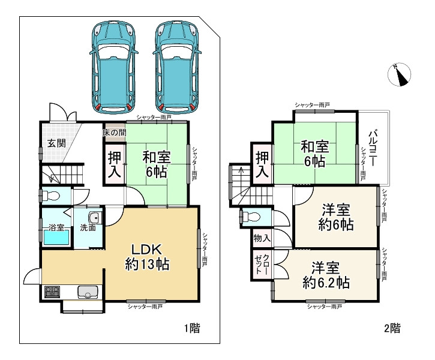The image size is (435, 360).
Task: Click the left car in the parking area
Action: [114, 67]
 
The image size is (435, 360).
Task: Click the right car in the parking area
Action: [177, 67]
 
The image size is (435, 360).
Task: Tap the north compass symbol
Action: [399, 74]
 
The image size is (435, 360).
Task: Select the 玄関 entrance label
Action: [56, 143]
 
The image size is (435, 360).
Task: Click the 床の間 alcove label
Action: [115, 132]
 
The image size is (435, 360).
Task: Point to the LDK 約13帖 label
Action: [147, 257]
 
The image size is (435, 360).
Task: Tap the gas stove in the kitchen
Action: [52, 292]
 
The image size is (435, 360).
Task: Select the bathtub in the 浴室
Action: [56, 238]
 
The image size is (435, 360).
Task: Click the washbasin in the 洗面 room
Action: [95, 218]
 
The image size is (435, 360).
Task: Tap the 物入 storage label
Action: [262, 238]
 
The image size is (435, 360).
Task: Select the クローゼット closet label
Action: [262, 264]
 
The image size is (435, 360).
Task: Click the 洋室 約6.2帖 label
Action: [326, 275]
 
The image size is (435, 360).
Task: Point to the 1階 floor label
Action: [192, 328]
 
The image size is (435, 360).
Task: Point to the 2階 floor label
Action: [392, 328]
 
